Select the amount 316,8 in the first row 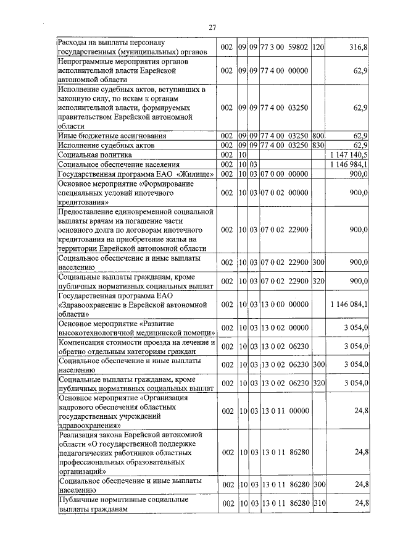tap(358, 47)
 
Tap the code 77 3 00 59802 tap(285, 47)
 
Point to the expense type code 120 tap(318, 47)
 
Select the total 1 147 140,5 tap(349, 154)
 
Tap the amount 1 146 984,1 tap(349, 164)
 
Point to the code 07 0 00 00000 tap(285, 174)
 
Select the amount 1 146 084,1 tap(349, 304)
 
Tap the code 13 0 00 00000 tap(285, 304)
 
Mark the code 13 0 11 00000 tap(285, 411)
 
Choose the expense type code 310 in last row tap(318, 504)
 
